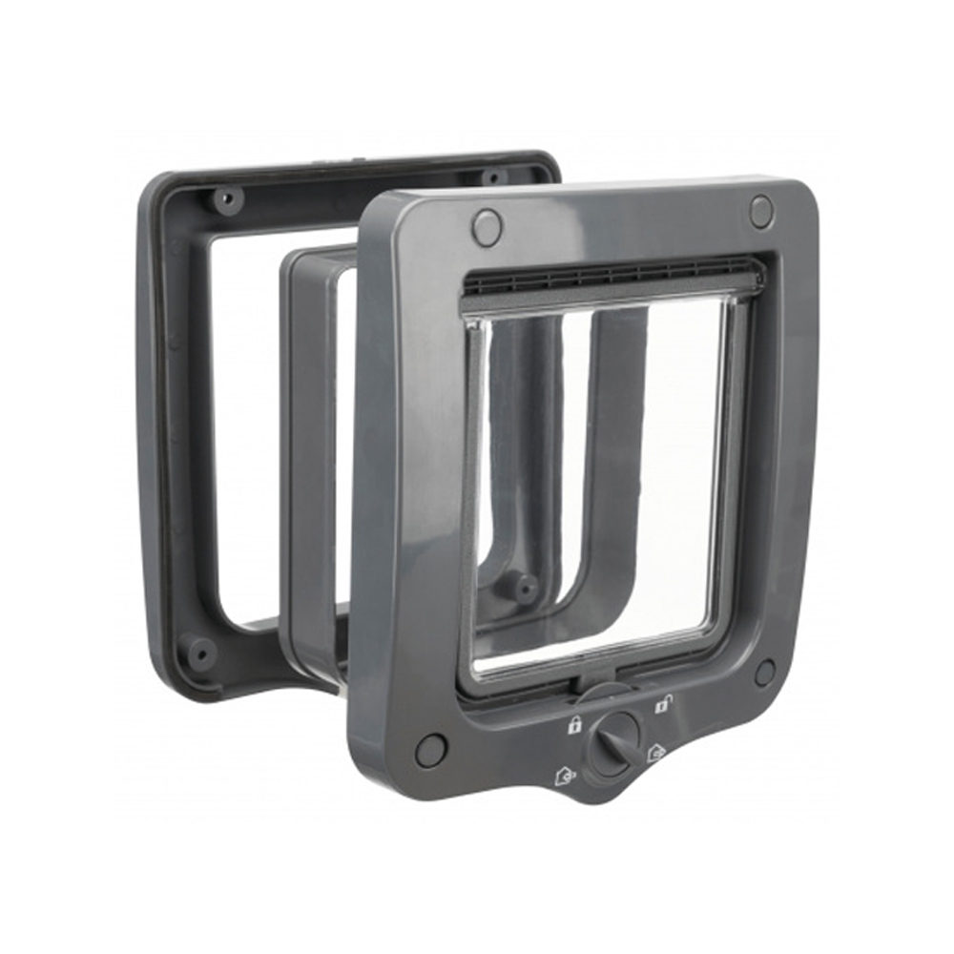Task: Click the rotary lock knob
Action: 612,746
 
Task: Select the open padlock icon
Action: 660,705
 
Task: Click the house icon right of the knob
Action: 655,754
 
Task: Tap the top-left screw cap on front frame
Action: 487,227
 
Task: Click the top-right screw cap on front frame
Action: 760,211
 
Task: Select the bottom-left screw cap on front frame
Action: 431,749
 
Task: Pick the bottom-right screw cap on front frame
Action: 764,672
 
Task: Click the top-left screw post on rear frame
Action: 227,199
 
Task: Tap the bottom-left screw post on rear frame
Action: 200,653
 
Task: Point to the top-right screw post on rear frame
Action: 493,177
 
